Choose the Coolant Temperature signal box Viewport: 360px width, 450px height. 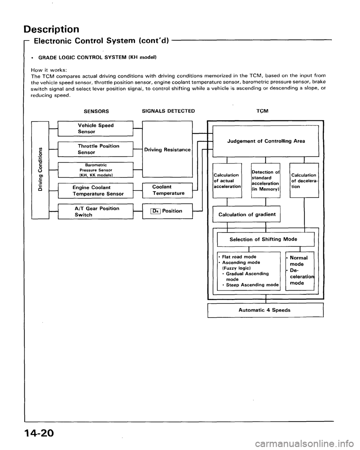166,190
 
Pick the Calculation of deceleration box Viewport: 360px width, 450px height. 304,179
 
